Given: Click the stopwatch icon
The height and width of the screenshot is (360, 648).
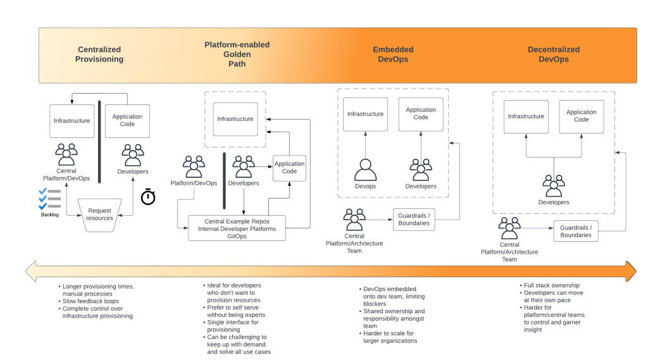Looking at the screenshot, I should pyautogui.click(x=148, y=197).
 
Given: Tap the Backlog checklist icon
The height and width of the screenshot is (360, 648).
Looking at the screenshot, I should pyautogui.click(x=49, y=198).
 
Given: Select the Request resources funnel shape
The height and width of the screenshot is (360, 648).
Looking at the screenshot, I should pyautogui.click(x=100, y=214).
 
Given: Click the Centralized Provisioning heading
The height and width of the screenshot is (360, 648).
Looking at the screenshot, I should pyautogui.click(x=99, y=54).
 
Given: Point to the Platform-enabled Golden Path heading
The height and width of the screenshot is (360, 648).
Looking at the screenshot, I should pyautogui.click(x=237, y=54).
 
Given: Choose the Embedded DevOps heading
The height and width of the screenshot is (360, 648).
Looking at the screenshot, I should pyautogui.click(x=393, y=54).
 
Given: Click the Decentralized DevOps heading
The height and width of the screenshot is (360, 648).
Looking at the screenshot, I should pyautogui.click(x=553, y=54).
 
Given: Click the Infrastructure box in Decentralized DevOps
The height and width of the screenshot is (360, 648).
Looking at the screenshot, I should pyautogui.click(x=526, y=116).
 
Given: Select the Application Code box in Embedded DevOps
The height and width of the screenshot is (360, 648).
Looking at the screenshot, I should pyautogui.click(x=421, y=114).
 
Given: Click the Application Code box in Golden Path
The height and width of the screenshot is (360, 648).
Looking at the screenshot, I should pyautogui.click(x=289, y=168).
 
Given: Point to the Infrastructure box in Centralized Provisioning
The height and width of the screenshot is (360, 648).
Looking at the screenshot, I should pyautogui.click(x=72, y=121).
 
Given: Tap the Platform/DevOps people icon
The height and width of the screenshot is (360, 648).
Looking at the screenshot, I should pyautogui.click(x=194, y=167).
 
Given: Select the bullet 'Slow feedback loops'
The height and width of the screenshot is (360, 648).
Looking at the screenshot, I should pyautogui.click(x=90, y=301).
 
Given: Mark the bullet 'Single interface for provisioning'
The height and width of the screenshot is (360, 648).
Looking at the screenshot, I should pyautogui.click(x=233, y=326).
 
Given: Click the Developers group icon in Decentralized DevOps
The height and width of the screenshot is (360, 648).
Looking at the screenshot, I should pyautogui.click(x=553, y=186).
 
